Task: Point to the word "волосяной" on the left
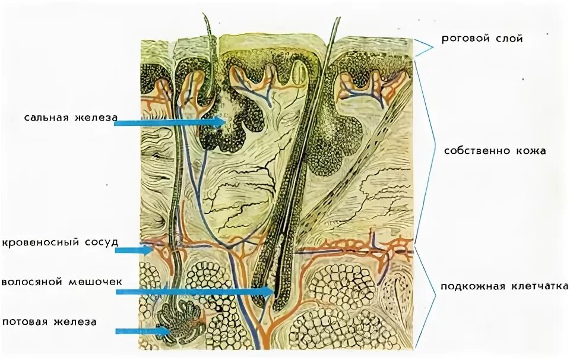tap(31, 282)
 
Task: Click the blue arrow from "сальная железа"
tap(169, 122)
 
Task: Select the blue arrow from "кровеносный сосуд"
tap(133, 251)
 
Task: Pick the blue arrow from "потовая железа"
tap(142, 330)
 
